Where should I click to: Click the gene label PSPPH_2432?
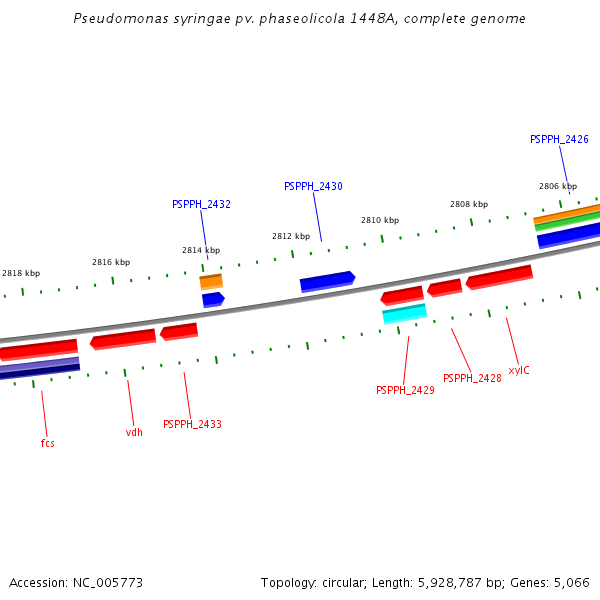(201, 204)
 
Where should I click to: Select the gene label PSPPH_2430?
(313, 186)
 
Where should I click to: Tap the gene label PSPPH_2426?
(559, 139)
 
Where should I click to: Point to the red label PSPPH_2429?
(405, 390)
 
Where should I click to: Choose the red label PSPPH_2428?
(472, 378)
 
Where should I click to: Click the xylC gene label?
(519, 370)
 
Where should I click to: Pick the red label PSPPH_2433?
(192, 424)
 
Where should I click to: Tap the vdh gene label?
(134, 432)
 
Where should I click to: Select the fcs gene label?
(47, 442)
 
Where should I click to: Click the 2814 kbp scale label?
(201, 250)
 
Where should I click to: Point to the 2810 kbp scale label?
(380, 220)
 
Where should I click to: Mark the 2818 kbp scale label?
(21, 273)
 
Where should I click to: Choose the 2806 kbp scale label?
(558, 186)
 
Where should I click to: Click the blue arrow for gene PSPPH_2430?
(327, 282)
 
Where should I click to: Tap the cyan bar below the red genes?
(405, 314)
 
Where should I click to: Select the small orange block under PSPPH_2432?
(211, 282)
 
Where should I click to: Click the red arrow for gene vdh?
(123, 339)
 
